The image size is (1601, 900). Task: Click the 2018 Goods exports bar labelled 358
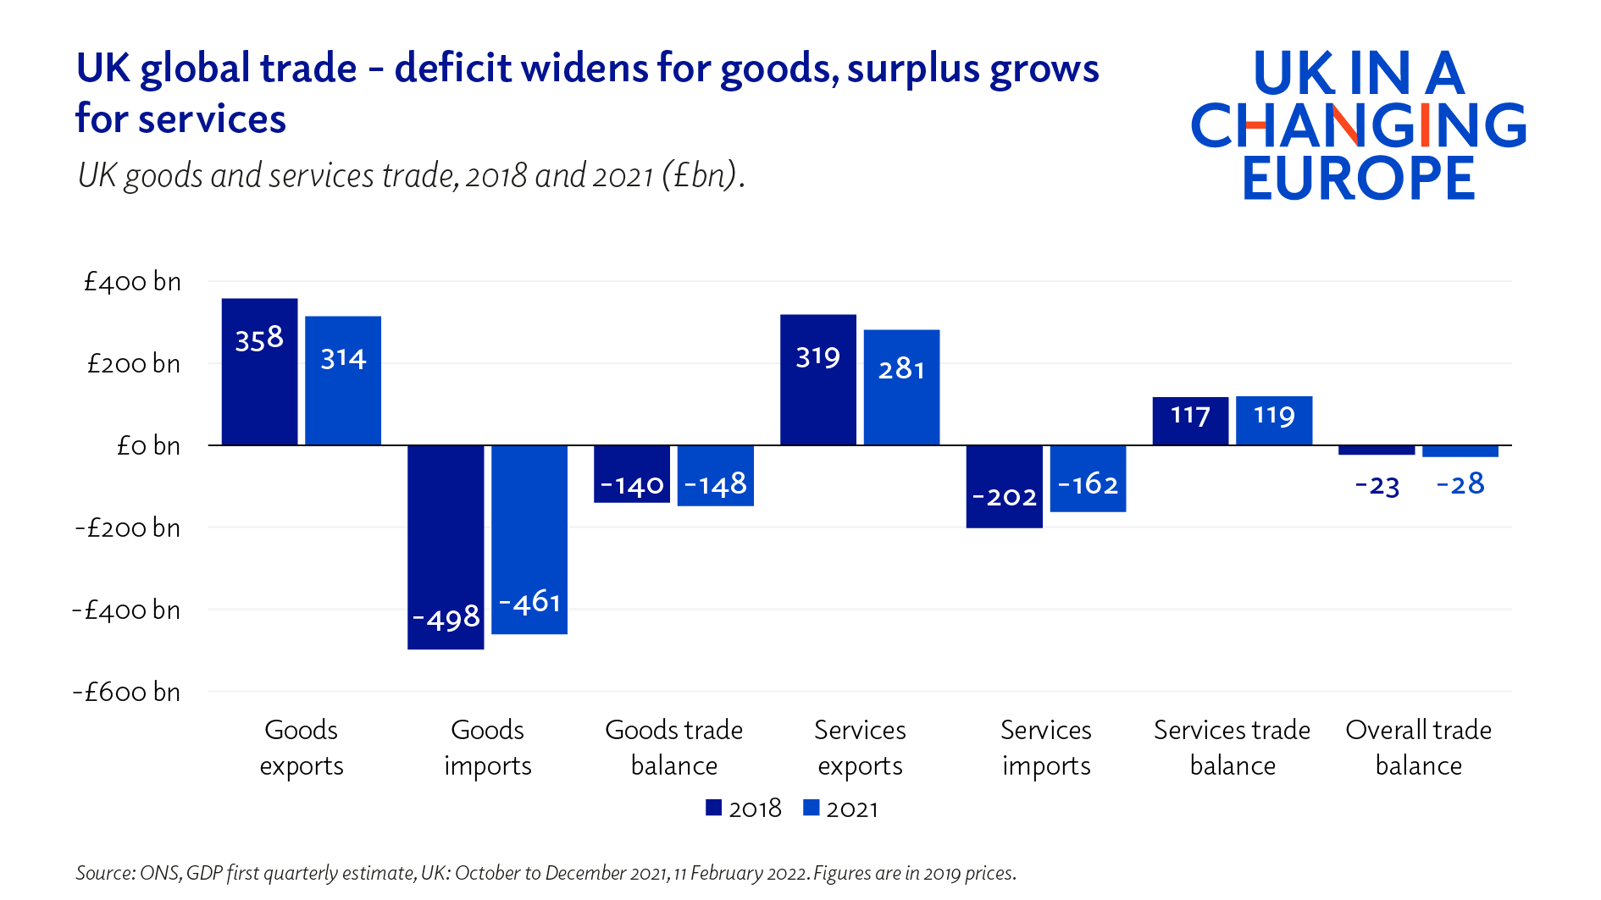pos(259,372)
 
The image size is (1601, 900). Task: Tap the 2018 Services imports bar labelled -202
pos(1004,486)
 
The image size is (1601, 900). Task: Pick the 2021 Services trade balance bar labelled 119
pos(1274,420)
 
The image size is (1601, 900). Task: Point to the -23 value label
pos(1377,486)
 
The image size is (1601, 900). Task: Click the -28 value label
pos(1460,484)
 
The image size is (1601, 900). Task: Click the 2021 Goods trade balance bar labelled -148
pos(716,475)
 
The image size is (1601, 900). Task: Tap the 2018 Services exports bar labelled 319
pos(817,379)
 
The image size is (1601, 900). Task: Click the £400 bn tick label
pos(132,282)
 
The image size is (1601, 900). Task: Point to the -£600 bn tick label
pos(127,693)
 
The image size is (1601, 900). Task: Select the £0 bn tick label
pos(148,446)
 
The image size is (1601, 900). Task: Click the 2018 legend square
pos(713,808)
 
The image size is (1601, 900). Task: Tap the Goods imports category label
pos(488,747)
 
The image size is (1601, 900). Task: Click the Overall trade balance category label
pos(1418,747)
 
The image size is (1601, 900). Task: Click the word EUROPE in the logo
pos(1358,179)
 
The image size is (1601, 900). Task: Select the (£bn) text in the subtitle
pos(701,175)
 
